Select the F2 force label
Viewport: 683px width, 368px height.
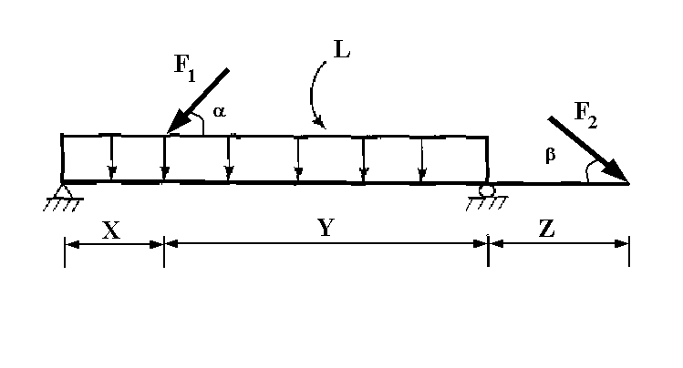click(585, 116)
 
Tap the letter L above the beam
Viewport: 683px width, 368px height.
click(343, 51)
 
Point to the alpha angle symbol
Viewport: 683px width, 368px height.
click(219, 111)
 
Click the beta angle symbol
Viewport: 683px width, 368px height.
click(550, 155)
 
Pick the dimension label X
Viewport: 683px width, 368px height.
click(111, 230)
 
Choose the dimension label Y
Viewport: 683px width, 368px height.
click(325, 230)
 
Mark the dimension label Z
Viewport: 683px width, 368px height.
click(546, 230)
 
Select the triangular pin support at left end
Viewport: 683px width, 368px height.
click(63, 190)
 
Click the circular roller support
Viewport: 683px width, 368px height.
click(487, 189)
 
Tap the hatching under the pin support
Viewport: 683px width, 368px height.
click(60, 204)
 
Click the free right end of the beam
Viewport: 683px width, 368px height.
click(627, 183)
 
